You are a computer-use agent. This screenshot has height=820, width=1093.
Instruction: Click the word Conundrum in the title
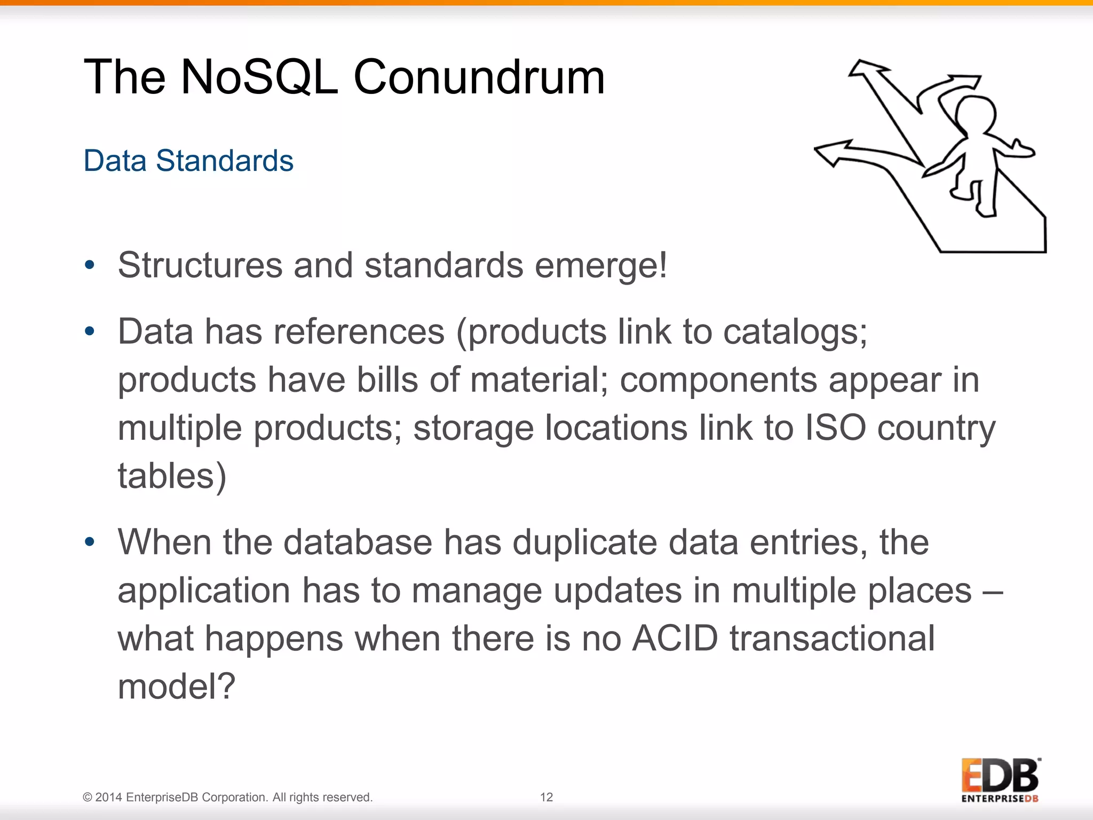coord(479,78)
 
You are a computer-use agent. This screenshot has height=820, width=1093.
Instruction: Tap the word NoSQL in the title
coord(259,78)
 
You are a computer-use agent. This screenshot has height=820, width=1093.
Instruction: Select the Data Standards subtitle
coord(188,161)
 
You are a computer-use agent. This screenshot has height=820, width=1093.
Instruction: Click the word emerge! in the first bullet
coord(601,265)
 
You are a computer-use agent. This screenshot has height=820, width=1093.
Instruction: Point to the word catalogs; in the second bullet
coord(795,332)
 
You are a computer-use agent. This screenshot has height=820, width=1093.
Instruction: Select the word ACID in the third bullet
coord(675,638)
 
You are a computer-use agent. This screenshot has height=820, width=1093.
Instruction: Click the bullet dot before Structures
coord(90,265)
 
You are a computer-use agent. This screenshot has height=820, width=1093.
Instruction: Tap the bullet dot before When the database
coord(90,542)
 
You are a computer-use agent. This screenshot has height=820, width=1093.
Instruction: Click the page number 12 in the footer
coord(546,797)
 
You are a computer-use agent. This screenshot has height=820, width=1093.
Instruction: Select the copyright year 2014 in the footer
coord(109,797)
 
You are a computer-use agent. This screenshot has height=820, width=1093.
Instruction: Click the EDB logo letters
coord(1000,776)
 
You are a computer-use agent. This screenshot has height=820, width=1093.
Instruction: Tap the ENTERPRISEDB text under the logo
coord(1000,799)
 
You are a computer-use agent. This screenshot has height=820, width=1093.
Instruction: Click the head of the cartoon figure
coord(975,114)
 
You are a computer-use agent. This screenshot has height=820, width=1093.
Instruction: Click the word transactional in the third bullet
coord(832,638)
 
